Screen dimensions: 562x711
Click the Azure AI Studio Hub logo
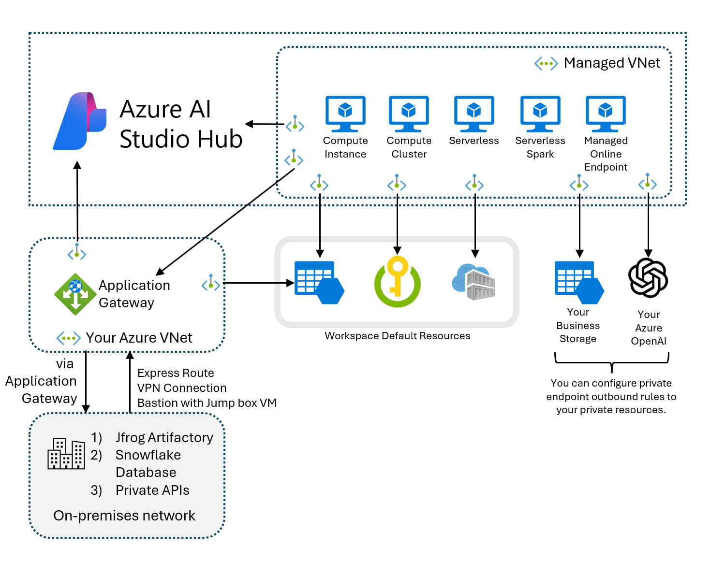pyautogui.click(x=79, y=121)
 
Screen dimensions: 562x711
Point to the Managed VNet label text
pyautogui.click(x=611, y=63)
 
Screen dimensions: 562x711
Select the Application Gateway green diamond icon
pyautogui.click(x=75, y=294)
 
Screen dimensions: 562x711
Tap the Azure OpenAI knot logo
pyautogui.click(x=648, y=278)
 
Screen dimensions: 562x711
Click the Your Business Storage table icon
pyautogui.click(x=578, y=283)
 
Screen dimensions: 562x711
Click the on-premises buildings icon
pyautogui.click(x=66, y=454)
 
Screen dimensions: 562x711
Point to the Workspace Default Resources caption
pyautogui.click(x=397, y=336)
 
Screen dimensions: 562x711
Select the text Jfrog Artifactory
pyautogui.click(x=164, y=437)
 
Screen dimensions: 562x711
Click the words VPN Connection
pyautogui.click(x=182, y=388)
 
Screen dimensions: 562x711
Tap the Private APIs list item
pyautogui.click(x=152, y=490)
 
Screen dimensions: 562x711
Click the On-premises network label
pyautogui.click(x=124, y=516)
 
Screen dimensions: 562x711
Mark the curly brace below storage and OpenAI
pyautogui.click(x=612, y=362)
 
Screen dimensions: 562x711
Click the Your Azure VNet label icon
pyautogui.click(x=68, y=338)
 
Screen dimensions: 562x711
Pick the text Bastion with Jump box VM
pyautogui.click(x=207, y=403)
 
